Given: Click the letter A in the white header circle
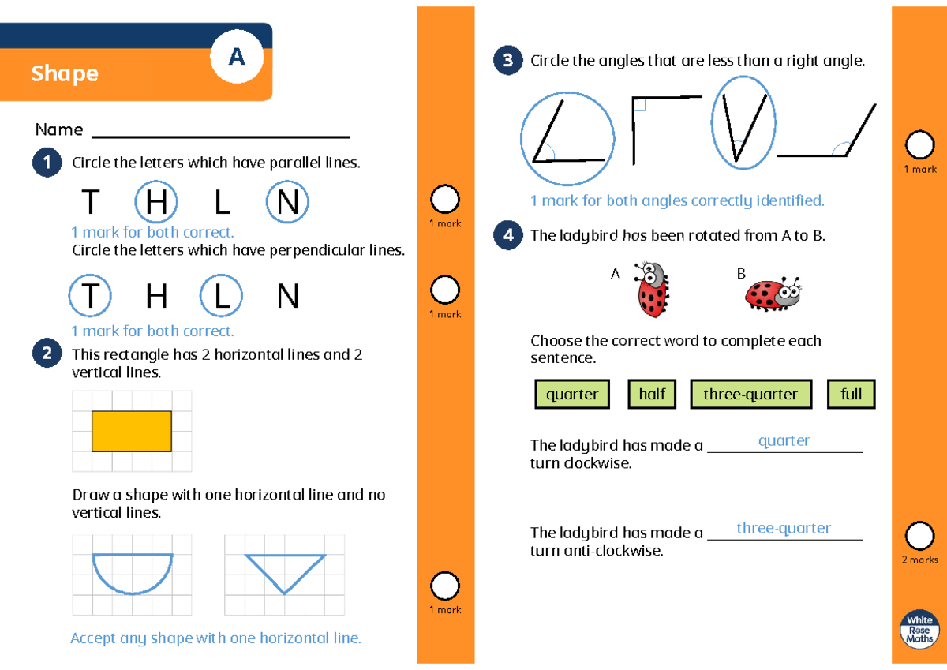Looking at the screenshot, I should pos(237,57).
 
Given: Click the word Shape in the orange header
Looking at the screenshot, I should pos(65,73).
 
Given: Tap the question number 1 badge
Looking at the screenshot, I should pos(47,163).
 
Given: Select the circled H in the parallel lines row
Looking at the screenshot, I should pos(156,203).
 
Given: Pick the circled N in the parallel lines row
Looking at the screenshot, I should pos(288,203).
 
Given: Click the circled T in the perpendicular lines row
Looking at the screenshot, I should pos(91,297).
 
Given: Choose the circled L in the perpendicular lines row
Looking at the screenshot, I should pos(222,297).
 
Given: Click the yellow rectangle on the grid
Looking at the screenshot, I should pos(132,431).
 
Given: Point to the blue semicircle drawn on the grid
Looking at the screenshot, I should pos(132,571).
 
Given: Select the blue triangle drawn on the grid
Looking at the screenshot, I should pos(285,570).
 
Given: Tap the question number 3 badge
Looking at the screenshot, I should pos(507,61).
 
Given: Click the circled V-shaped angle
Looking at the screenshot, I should pos(743,122).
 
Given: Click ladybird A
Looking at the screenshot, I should pos(652,290).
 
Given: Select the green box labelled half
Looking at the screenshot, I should pos(652,394).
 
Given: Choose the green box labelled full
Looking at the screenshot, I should pos(852,394).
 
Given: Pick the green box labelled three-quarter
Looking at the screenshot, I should pos(750,394).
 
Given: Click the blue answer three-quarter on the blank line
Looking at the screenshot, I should pos(784,528).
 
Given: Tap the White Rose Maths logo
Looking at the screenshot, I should pos(919,631).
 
